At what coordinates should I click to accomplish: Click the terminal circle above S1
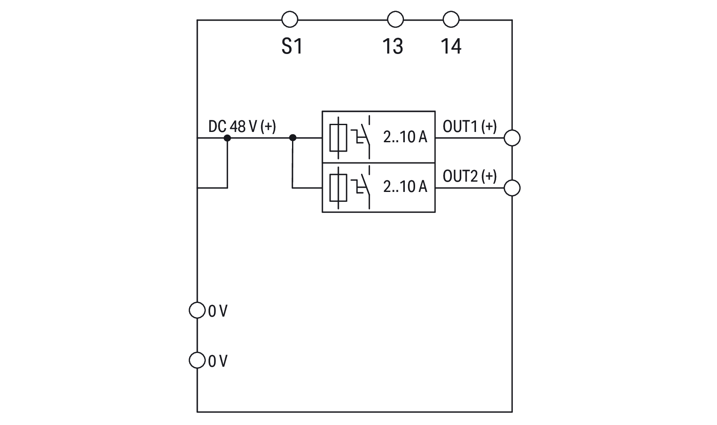point(290,20)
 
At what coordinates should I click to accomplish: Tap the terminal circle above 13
point(395,20)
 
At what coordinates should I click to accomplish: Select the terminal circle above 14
point(451,20)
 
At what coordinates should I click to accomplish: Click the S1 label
point(292,46)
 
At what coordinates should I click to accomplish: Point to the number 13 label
point(393,46)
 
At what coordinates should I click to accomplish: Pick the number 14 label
point(451,46)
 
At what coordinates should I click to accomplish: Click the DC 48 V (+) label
point(242,126)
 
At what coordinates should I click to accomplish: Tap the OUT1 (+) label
point(470,126)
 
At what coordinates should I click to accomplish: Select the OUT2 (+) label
point(470,176)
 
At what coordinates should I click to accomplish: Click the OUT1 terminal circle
point(512,138)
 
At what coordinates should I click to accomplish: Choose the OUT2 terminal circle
point(512,188)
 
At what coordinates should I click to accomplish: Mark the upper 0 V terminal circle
point(197,310)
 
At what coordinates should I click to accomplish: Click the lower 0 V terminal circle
point(197,360)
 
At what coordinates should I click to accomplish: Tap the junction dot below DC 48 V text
point(227,138)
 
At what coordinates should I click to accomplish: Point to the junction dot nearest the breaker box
point(293,138)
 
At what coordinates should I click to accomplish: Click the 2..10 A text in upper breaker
point(405,137)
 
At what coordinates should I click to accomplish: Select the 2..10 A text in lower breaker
point(405,187)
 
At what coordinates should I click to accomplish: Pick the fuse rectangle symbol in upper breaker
point(338,138)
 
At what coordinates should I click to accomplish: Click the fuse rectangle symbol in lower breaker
point(338,188)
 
